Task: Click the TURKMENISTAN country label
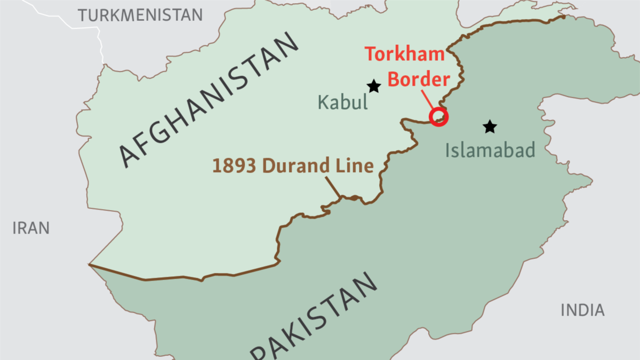coord(140,14)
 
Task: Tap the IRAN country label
coord(31,228)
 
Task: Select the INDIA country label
coord(582,310)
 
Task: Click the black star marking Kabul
coord(374,86)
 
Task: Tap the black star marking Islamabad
coord(490,127)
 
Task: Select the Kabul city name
coord(343,102)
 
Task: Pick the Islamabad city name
coord(490,151)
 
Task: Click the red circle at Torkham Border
coord(439,117)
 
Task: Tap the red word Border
coord(419,79)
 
